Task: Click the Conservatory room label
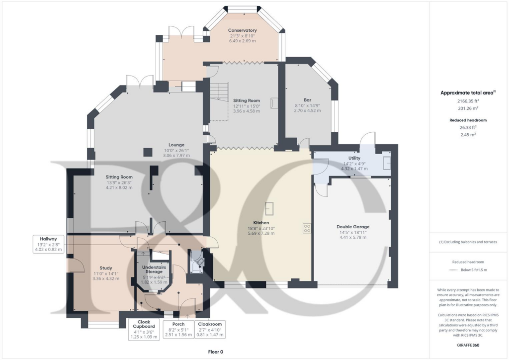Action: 243,30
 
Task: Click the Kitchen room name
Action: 261,222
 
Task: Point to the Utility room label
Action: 354,158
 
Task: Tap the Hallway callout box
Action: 49,244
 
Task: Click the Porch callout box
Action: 178,329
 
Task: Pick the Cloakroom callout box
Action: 209,329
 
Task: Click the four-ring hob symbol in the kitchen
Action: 307,228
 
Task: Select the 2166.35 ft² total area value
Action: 460,101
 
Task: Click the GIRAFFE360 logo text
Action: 468,345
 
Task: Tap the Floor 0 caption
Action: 215,352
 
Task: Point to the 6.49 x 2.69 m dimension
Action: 243,41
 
